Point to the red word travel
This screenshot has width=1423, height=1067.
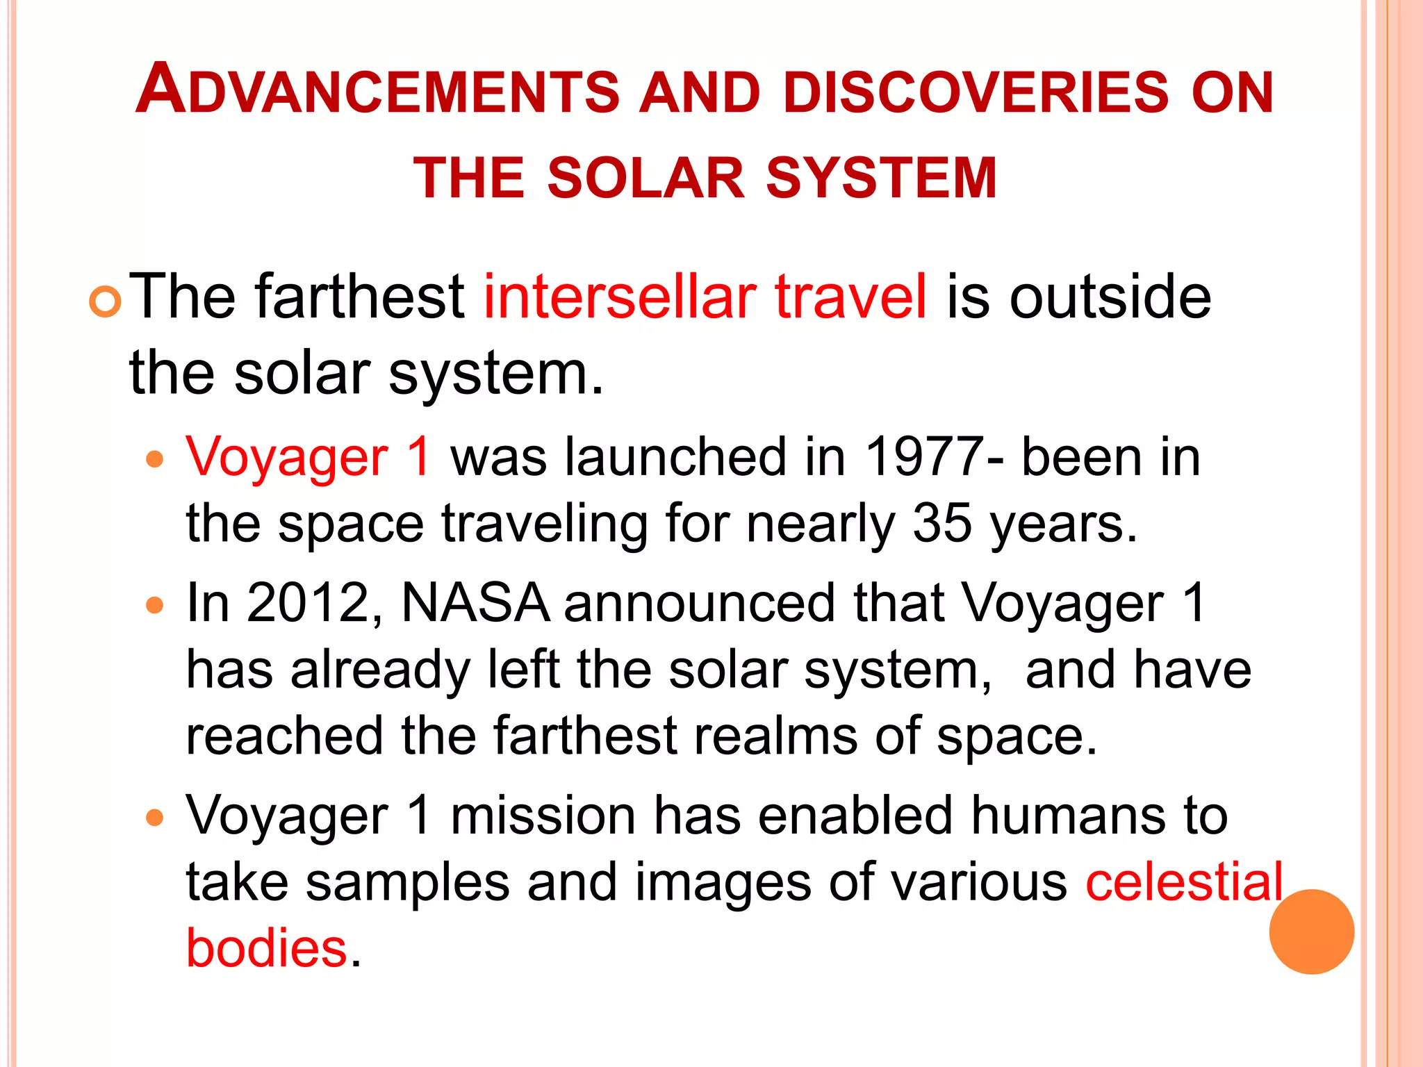tap(850, 297)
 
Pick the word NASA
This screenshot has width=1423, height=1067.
tap(475, 602)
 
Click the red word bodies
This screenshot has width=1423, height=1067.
tap(266, 948)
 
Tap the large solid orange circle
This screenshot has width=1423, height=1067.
tap(1311, 932)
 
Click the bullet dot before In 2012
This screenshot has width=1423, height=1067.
tap(155, 605)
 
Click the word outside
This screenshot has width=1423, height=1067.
tap(1110, 297)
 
